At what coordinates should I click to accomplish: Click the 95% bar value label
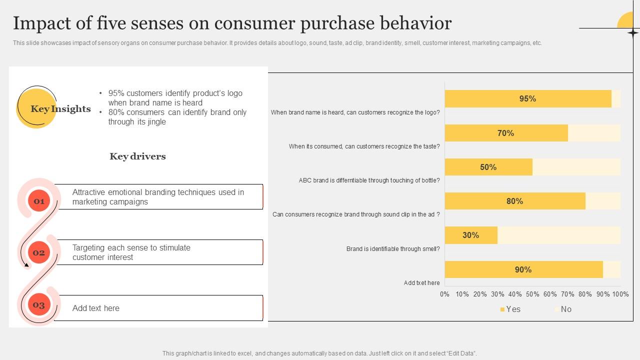click(x=527, y=99)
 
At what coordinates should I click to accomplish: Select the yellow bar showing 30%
click(x=470, y=235)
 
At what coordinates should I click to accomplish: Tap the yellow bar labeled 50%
click(x=488, y=167)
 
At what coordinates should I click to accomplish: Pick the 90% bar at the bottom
click(x=523, y=270)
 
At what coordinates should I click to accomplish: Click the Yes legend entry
click(x=510, y=309)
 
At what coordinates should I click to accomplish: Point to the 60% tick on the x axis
click(x=550, y=294)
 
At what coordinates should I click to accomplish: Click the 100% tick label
click(x=620, y=294)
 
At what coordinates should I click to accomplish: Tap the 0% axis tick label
click(x=444, y=294)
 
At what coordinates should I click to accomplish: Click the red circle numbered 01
click(x=39, y=201)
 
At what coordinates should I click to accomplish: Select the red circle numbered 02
click(x=39, y=252)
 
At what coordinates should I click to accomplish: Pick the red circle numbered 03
click(x=39, y=305)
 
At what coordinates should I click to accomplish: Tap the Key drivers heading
click(x=137, y=156)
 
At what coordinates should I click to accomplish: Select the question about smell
click(x=393, y=249)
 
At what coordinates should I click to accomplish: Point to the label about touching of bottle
click(x=369, y=180)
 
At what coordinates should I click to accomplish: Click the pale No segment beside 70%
click(x=594, y=133)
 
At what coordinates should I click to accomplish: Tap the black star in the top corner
click(x=632, y=33)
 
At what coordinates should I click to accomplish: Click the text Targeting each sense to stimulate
click(x=131, y=248)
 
